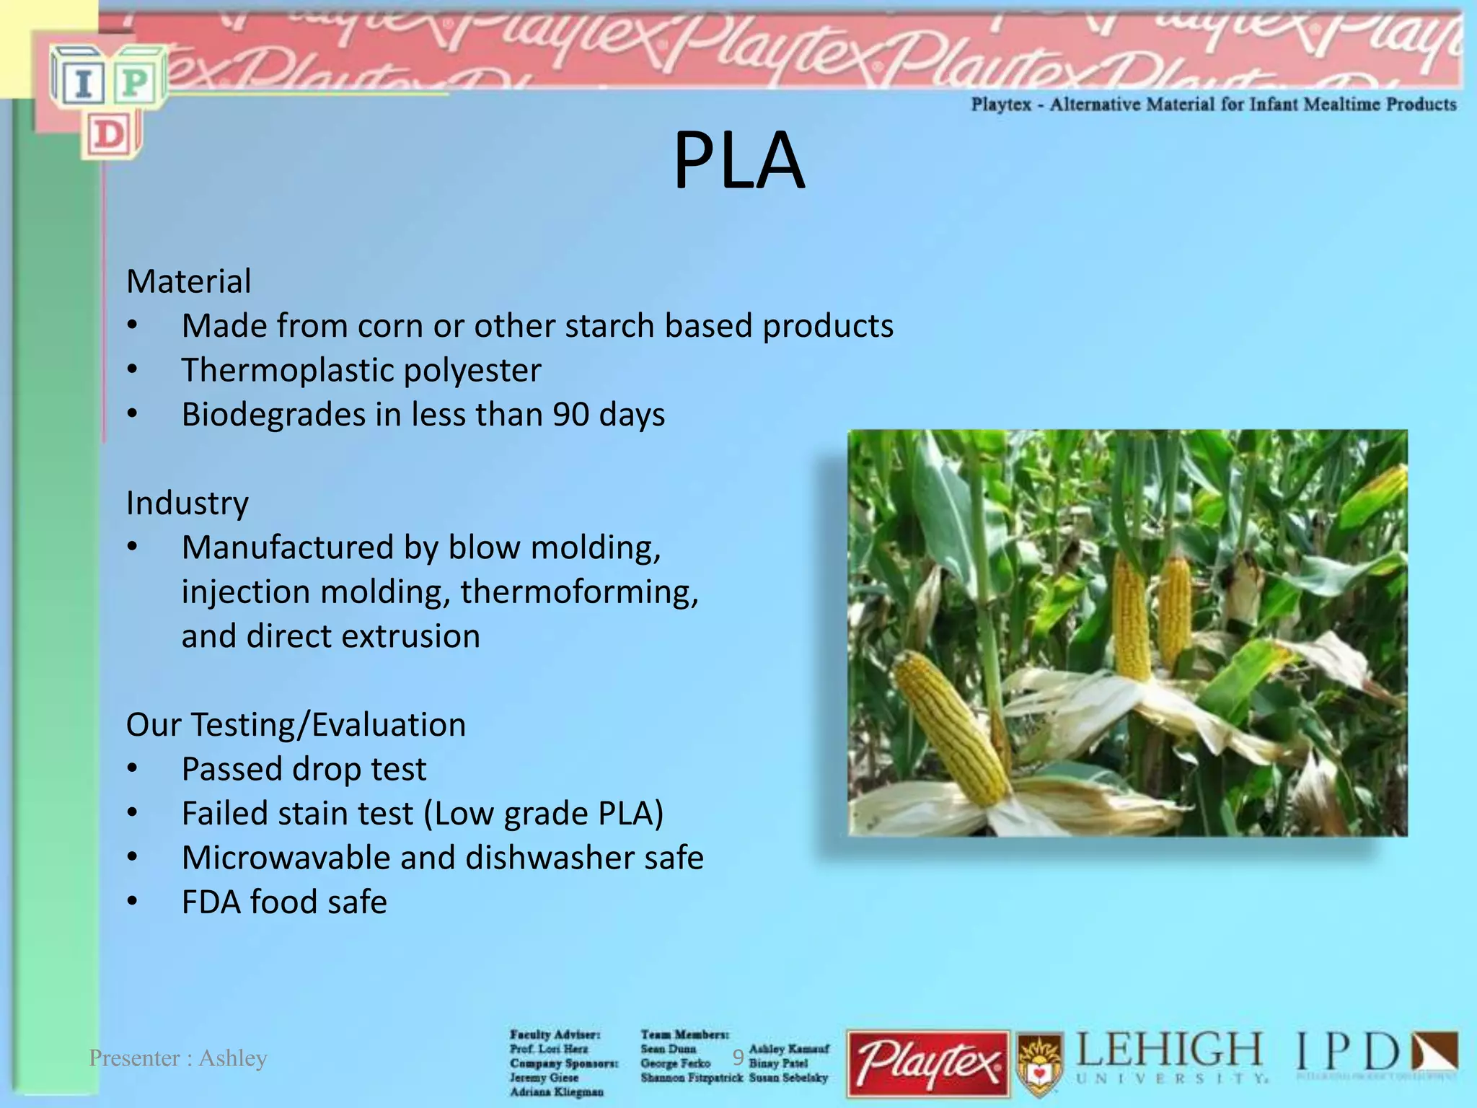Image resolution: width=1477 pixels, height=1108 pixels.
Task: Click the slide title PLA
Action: tap(738, 160)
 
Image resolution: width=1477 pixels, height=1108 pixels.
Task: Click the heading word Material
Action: tap(188, 281)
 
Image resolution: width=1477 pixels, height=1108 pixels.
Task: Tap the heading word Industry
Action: tap(187, 503)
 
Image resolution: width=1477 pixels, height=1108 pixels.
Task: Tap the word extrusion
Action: tap(410, 636)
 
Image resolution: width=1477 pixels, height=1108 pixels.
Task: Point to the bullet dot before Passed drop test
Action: tap(132, 769)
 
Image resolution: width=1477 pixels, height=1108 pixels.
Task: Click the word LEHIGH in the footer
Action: tap(1169, 1051)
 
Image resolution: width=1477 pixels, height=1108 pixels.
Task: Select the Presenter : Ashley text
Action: tap(177, 1058)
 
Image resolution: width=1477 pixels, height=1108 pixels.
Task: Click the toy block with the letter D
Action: tap(110, 135)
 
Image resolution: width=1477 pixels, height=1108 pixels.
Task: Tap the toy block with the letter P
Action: tap(136, 82)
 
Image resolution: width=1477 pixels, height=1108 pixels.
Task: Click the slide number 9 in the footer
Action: tap(738, 1058)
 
